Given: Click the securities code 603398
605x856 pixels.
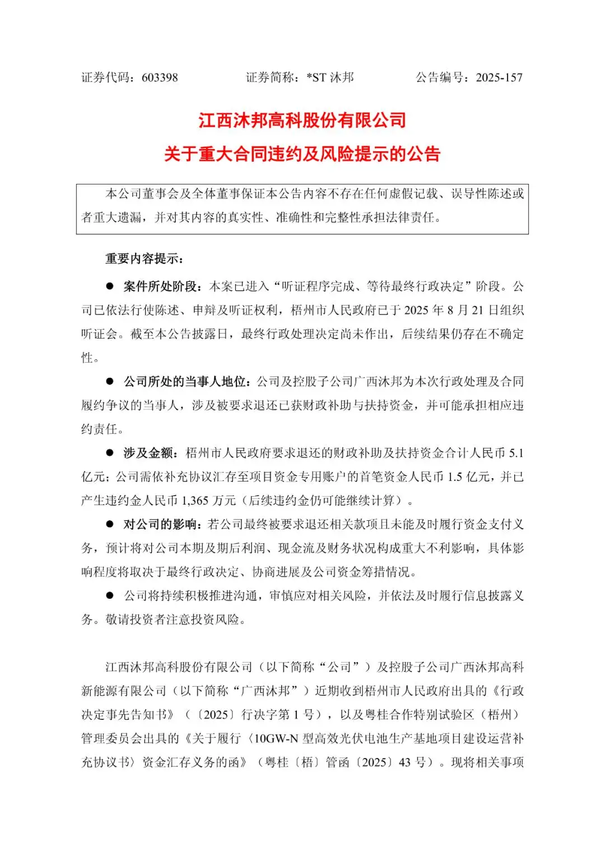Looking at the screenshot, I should click(x=160, y=78).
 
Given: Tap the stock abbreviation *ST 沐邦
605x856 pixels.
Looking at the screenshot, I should click(x=330, y=78).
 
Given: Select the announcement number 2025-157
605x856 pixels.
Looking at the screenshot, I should click(x=499, y=78).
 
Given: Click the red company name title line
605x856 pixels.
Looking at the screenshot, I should click(x=302, y=121).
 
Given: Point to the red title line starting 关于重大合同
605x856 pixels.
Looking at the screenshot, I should click(x=302, y=154).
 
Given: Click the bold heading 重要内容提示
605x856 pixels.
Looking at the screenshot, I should click(x=144, y=259).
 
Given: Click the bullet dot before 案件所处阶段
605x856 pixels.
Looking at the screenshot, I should click(x=110, y=286).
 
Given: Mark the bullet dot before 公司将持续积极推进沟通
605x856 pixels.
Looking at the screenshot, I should click(x=110, y=596).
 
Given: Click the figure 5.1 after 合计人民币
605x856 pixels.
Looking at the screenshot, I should click(x=516, y=453).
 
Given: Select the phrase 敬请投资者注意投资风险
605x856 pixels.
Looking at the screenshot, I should click(x=173, y=620).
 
